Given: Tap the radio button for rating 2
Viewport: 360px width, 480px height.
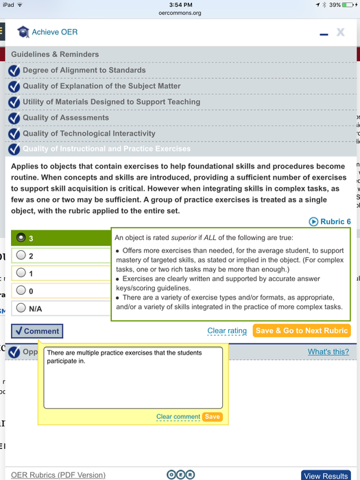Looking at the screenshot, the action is point(21,255).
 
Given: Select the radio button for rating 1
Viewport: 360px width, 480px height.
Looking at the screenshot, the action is point(21,272).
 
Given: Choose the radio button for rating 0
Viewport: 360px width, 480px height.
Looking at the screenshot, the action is point(21,290).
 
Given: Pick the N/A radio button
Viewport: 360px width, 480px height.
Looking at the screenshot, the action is point(21,307).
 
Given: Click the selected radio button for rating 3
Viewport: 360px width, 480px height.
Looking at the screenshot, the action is point(21,237).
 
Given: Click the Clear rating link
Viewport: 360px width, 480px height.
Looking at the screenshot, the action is point(227,331).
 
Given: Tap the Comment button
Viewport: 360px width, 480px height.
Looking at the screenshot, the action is point(37,331).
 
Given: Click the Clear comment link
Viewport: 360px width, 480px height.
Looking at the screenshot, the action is point(178,417).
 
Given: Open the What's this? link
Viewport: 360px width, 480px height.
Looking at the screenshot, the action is point(328,352).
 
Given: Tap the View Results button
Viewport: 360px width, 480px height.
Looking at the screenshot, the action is point(326,475).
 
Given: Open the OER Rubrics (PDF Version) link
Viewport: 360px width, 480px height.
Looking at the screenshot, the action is point(58,475).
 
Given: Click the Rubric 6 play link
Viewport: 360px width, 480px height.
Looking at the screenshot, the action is point(330,221).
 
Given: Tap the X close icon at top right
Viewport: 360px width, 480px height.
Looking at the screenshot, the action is point(340,32).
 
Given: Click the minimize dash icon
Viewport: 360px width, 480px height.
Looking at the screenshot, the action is point(324,34).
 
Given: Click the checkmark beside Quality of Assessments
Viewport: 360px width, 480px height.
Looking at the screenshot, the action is point(14,118).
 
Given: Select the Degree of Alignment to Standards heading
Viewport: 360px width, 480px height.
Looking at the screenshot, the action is point(84,70).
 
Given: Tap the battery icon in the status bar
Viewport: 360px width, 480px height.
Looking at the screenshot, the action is point(348,5).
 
